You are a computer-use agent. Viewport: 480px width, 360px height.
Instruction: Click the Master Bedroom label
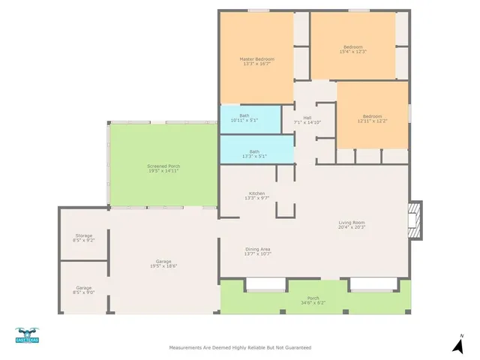257,59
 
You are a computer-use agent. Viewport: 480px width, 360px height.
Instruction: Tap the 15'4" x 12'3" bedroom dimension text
352,52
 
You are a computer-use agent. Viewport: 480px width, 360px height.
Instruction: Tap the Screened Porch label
163,166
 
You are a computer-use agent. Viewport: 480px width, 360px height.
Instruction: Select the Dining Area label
257,249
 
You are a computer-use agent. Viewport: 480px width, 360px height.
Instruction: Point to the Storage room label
83,236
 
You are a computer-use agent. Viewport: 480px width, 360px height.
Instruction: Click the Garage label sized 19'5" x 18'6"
163,261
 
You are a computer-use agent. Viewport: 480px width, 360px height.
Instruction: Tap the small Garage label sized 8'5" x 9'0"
83,288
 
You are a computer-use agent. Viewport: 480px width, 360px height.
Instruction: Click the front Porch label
313,298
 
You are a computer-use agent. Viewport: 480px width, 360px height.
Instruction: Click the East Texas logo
28,337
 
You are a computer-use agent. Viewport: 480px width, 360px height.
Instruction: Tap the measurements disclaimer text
239,348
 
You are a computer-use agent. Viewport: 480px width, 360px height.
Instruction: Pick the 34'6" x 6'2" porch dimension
313,302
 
